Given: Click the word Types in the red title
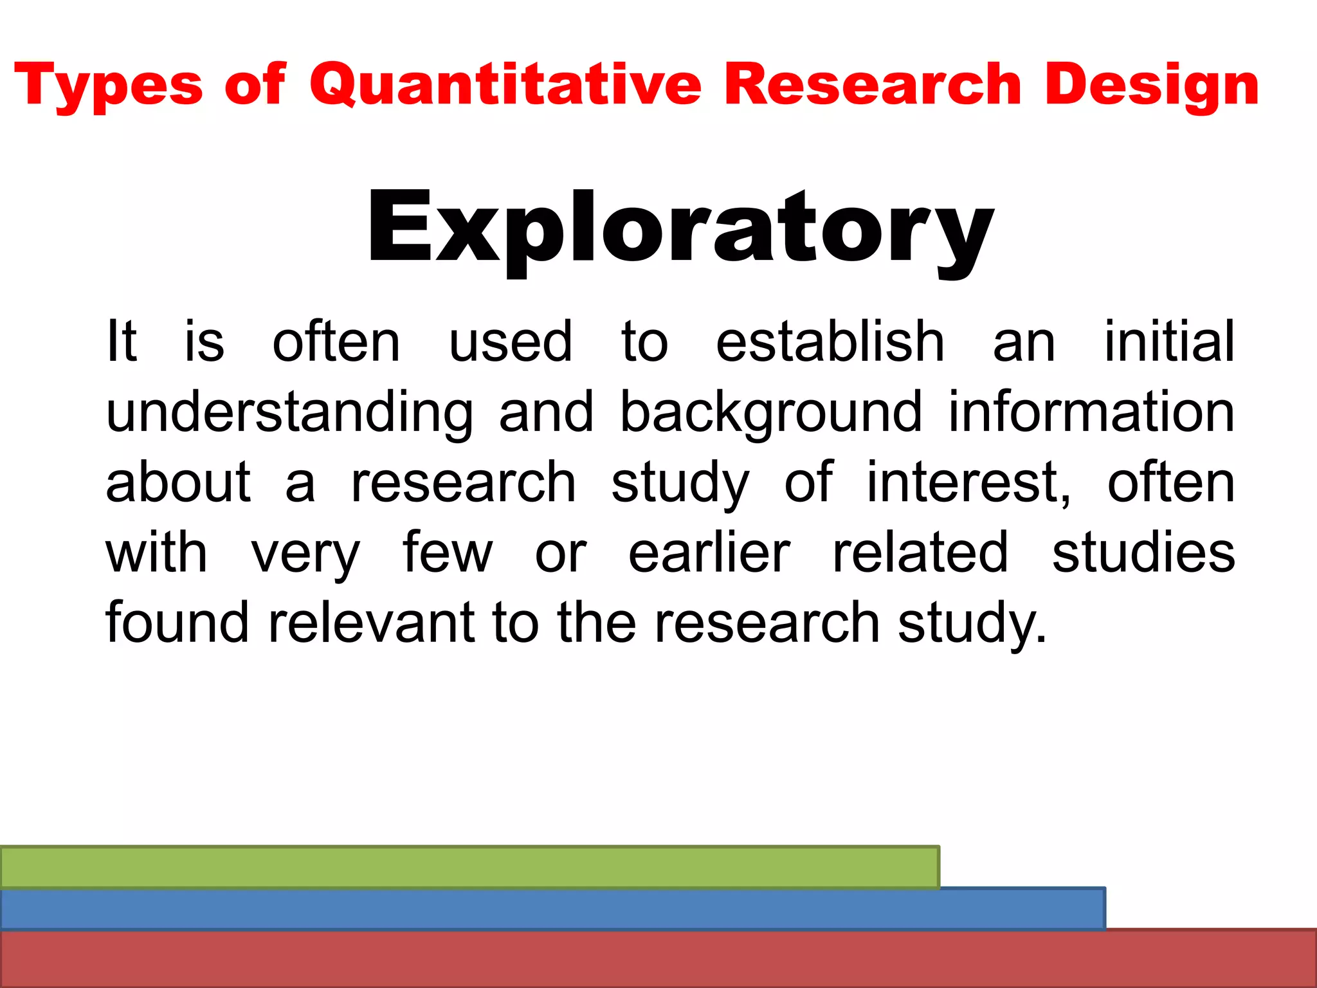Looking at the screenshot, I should pos(108,85).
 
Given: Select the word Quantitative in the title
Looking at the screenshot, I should pos(505,85).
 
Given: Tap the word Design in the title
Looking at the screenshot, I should pos(1151,85).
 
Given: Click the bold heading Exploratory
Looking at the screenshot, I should pos(680,228).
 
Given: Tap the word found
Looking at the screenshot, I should pos(177,623).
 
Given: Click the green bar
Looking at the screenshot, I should pos(469,867).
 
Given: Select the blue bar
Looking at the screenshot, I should pos(553,909).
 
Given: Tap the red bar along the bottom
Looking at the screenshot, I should pos(658,958).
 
